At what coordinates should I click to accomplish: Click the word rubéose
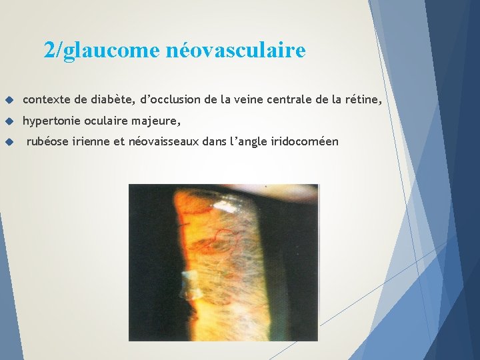[47, 141]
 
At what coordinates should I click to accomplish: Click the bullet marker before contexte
[9, 100]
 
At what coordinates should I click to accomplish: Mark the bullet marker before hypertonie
[9, 122]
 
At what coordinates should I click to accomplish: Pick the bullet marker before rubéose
[9, 142]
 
